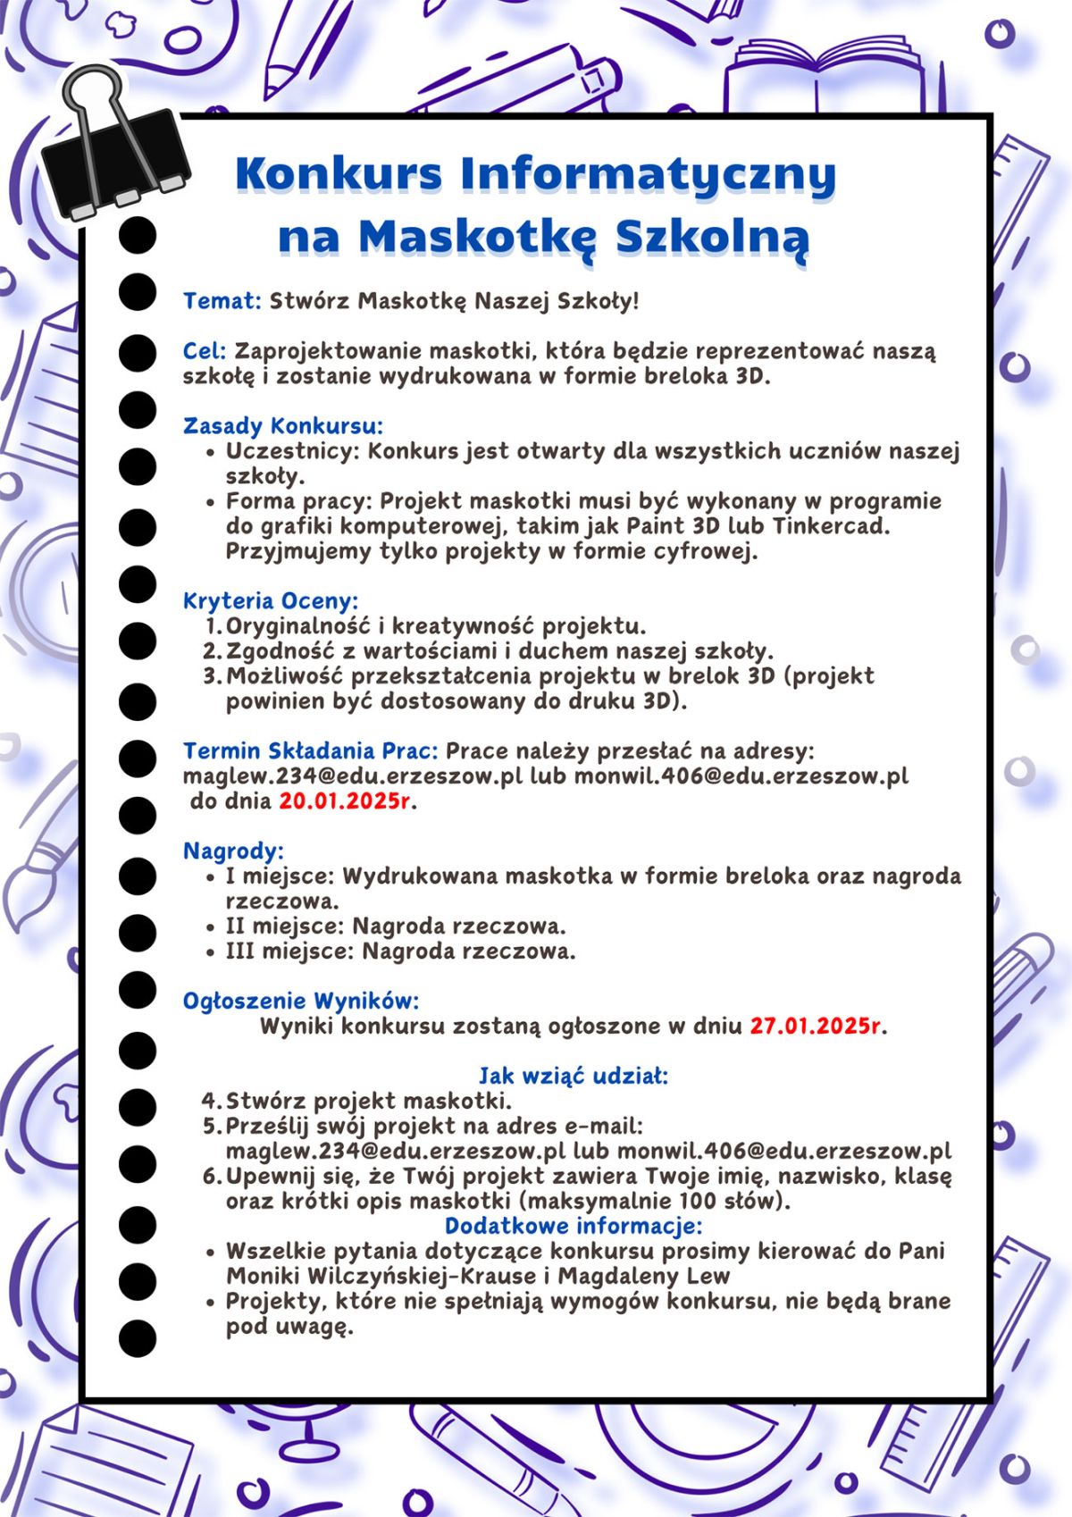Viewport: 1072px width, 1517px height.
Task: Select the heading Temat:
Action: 222,300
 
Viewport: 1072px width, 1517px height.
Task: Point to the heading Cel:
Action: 205,351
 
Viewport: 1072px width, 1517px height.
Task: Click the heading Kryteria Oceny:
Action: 271,600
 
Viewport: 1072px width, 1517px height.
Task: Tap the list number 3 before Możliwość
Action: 210,676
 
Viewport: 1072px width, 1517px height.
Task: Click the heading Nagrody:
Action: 233,850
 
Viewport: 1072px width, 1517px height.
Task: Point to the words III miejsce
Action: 287,951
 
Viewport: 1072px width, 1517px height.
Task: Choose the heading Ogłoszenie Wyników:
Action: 301,1001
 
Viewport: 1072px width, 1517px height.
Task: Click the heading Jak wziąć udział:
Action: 574,1076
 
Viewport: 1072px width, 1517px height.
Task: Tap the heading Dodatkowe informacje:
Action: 574,1225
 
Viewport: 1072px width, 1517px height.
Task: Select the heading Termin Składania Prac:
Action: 310,750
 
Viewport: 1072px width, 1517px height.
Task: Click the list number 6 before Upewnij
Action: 210,1176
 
